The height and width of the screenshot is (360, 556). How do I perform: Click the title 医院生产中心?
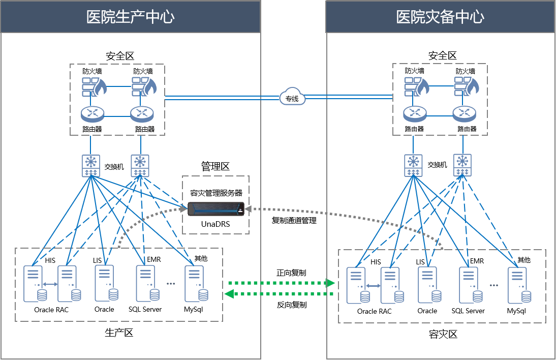coord(131,17)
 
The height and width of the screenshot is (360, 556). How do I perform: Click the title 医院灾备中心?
coord(440,17)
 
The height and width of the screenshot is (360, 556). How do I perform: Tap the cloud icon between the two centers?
coord(292,96)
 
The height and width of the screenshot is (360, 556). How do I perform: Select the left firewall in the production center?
coord(94,86)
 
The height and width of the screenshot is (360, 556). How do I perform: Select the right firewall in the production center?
coord(143,86)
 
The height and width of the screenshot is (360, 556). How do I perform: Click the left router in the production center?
coord(92,114)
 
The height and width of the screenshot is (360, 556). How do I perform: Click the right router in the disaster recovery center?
coord(465,113)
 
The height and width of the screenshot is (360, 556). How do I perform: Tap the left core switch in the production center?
coord(91,166)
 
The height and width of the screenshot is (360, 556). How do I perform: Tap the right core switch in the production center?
coord(140,166)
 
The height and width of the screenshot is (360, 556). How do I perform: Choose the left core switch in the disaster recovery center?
coord(413,165)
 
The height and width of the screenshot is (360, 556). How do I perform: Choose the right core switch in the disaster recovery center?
coord(462,165)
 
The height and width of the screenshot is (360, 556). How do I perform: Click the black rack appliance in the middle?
coord(215,208)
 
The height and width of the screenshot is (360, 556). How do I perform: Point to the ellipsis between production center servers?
coord(171,284)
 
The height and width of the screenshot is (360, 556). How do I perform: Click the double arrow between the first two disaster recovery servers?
coord(373,286)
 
